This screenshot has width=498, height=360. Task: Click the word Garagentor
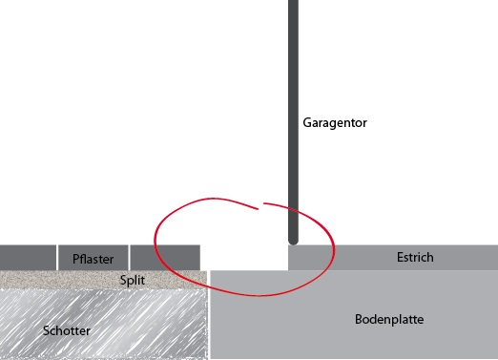pyautogui.click(x=335, y=123)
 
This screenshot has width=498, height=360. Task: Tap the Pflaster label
pyautogui.click(x=93, y=259)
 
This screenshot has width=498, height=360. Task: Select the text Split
pyautogui.click(x=133, y=281)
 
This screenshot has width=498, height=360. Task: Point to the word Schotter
pyautogui.click(x=67, y=330)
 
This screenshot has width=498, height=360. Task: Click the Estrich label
pyautogui.click(x=415, y=257)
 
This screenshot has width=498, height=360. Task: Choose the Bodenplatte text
pyautogui.click(x=388, y=319)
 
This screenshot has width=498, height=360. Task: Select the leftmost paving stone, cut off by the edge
pyautogui.click(x=28, y=258)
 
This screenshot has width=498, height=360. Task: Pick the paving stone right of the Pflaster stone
pyautogui.click(x=165, y=258)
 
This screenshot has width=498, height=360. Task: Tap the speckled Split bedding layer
pyautogui.click(x=57, y=280)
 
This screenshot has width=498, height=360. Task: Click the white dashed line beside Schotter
pyautogui.click(x=208, y=325)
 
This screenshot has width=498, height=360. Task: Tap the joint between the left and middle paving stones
pyautogui.click(x=57, y=258)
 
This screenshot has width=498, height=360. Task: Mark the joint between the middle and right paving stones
pyautogui.click(x=129, y=258)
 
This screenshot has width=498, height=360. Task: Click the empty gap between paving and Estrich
pyautogui.click(x=244, y=258)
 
